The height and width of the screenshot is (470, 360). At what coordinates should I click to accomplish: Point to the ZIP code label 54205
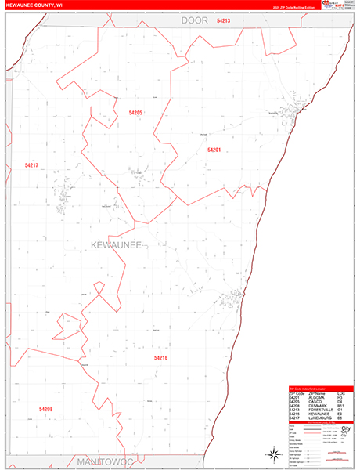point(135,113)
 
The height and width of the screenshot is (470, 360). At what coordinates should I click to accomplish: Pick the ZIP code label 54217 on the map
point(31,165)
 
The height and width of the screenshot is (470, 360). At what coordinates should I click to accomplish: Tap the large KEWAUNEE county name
point(111,246)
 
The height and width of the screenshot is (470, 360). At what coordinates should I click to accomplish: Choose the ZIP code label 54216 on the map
point(160,358)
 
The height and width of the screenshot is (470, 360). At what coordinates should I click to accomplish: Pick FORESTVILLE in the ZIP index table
point(322,409)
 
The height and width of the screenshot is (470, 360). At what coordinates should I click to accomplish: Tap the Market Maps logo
point(328,5)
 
